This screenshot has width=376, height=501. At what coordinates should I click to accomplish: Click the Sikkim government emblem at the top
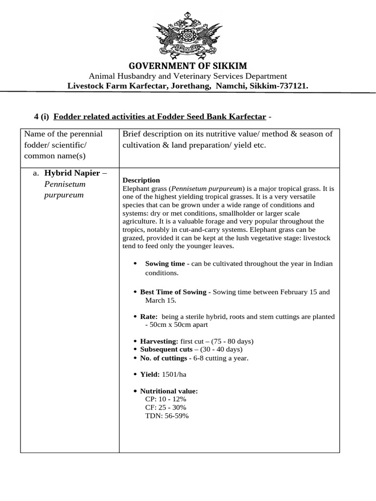188,34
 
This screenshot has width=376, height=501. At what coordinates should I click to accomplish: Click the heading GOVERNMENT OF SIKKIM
188,66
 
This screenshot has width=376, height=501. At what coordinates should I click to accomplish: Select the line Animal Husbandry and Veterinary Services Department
188,76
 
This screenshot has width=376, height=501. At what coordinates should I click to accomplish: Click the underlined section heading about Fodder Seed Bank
160,116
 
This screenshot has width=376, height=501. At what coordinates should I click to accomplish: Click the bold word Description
141,180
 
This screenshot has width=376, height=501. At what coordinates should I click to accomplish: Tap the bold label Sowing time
165,264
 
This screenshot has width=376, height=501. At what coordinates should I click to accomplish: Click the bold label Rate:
149,317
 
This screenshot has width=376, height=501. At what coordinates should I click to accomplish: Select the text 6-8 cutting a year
221,358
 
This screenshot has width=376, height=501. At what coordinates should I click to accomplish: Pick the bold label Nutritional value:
169,391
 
